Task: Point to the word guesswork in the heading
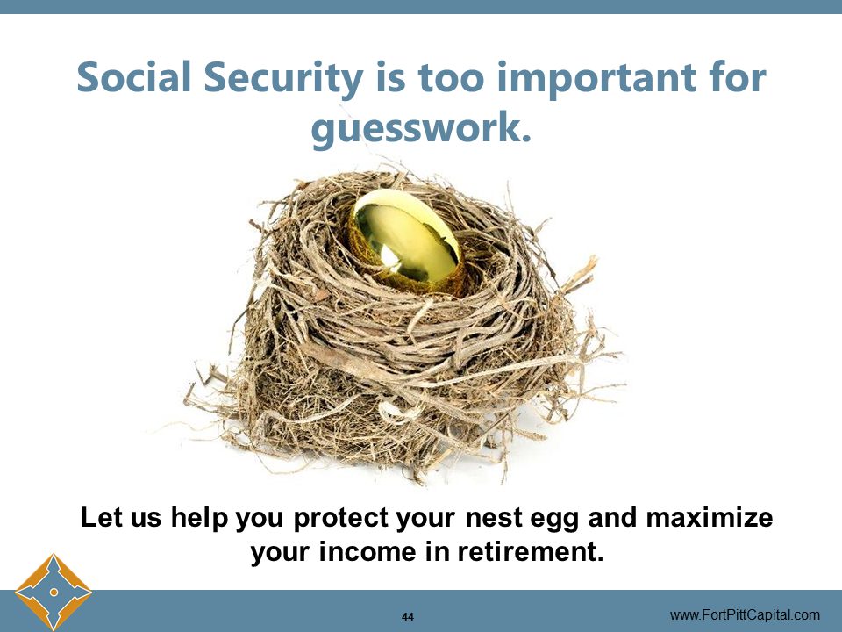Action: pos(421,128)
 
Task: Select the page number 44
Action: pos(408,615)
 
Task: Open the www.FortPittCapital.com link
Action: pos(745,614)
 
